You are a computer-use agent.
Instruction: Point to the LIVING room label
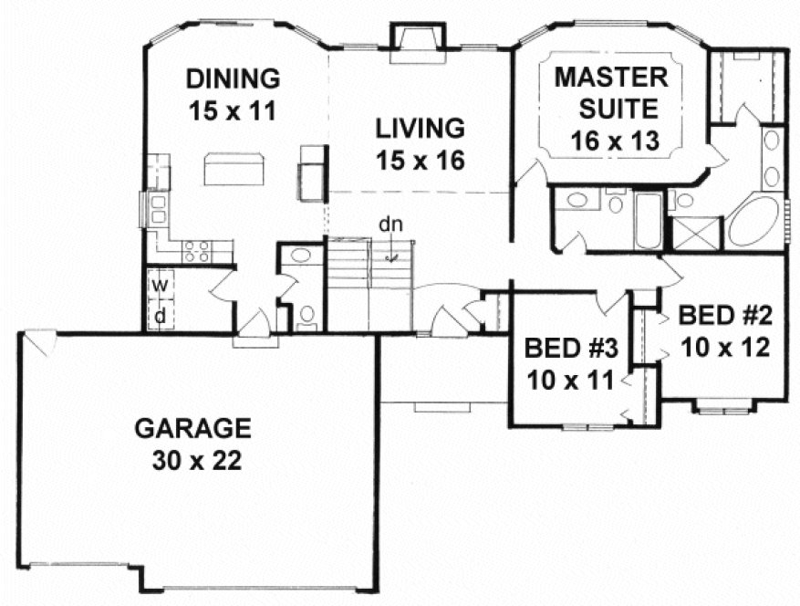421,126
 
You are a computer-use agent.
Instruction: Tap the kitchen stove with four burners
196,250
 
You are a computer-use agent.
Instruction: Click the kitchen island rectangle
234,169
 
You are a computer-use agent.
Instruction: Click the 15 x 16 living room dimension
421,161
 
